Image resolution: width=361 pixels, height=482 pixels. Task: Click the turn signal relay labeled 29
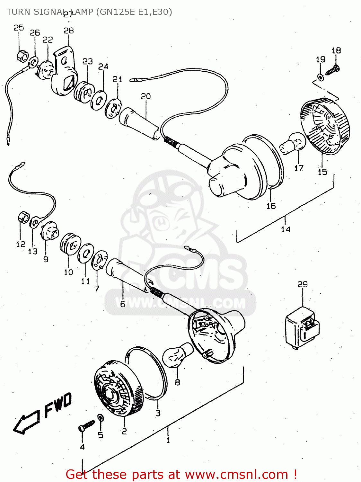pyautogui.click(x=302, y=328)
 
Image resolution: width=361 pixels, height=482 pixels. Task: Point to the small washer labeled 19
pyautogui.click(x=320, y=77)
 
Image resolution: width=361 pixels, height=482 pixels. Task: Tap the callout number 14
pyautogui.click(x=286, y=229)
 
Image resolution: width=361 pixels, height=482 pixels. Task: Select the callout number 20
pyautogui.click(x=146, y=96)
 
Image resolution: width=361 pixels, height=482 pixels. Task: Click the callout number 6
pyautogui.click(x=123, y=304)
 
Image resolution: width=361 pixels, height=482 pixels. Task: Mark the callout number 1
pyautogui.click(x=168, y=440)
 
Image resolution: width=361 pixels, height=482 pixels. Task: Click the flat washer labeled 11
pyautogui.click(x=86, y=253)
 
